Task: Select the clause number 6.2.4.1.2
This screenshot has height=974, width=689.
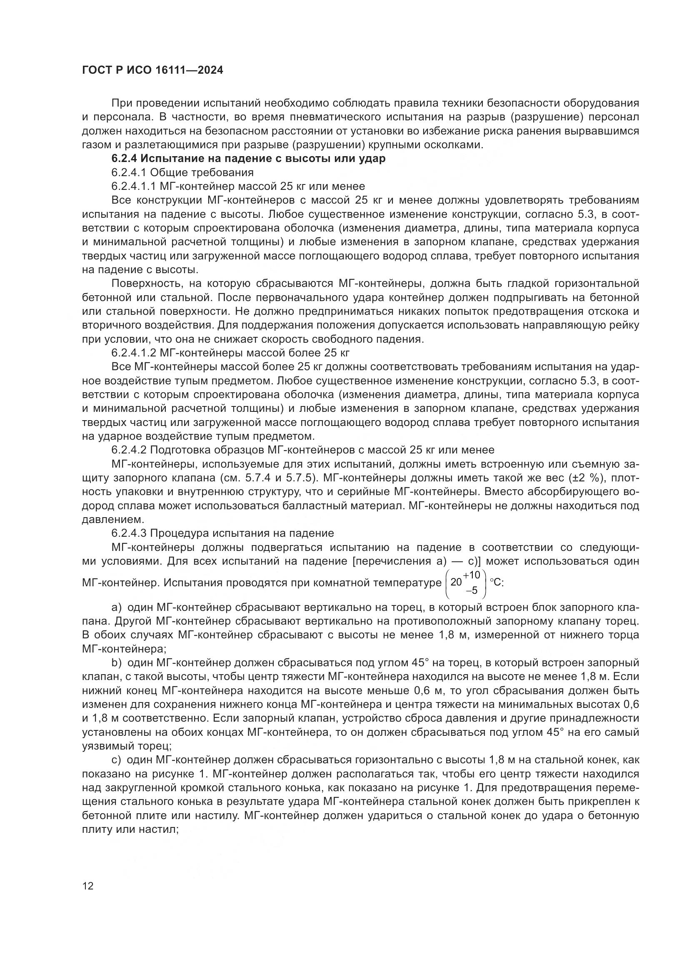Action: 134,353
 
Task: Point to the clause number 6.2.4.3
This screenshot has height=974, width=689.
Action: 129,533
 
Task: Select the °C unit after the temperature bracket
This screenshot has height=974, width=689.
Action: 497,583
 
